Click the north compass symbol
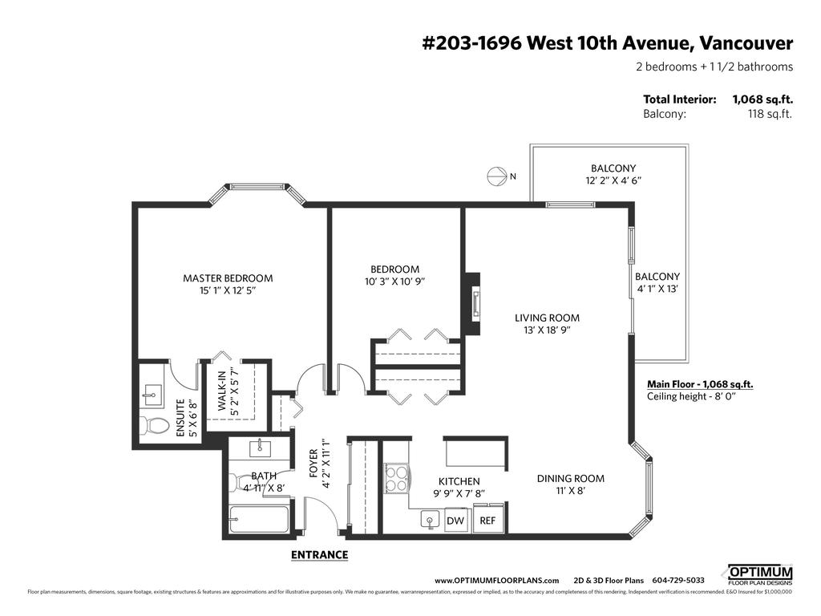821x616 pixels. [497, 176]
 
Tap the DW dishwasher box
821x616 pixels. [455, 521]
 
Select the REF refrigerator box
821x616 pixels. [487, 521]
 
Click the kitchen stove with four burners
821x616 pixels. [396, 479]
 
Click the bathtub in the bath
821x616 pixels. [258, 520]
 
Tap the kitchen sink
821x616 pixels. [431, 521]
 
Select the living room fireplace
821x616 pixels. [474, 305]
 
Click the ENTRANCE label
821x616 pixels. [319, 554]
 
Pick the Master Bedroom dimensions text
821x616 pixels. [228, 291]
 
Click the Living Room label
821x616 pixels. [547, 318]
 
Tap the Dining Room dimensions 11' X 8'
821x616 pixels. [570, 491]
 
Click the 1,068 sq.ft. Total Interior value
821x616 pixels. [762, 99]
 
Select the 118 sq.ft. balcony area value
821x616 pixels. [770, 114]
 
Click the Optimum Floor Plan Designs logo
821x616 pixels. [759, 574]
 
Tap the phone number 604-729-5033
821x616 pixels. [678, 580]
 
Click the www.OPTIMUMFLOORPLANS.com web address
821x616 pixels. [496, 580]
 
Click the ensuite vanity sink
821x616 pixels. [151, 393]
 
